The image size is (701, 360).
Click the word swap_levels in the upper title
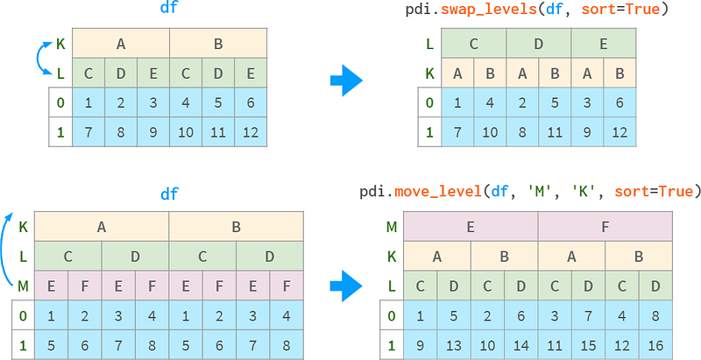pyautogui.click(x=488, y=9)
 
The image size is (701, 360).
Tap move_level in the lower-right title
pyautogui.click(x=436, y=192)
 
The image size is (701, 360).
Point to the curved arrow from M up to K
pyautogui.click(x=8, y=250)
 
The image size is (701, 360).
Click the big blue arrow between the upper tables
pyautogui.click(x=346, y=81)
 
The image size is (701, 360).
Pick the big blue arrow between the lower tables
pyautogui.click(x=346, y=286)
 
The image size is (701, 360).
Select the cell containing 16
pyautogui.click(x=655, y=345)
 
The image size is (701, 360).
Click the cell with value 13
pyautogui.click(x=454, y=345)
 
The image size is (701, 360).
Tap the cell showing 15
pyautogui.click(x=588, y=345)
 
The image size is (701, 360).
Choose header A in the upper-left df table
pyautogui.click(x=121, y=43)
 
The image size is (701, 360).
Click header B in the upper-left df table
pyautogui.click(x=218, y=43)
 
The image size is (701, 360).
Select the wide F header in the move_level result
pyautogui.click(x=605, y=227)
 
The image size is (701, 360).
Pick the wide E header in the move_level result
pyautogui.click(x=471, y=227)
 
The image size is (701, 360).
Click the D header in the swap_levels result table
pyautogui.click(x=539, y=43)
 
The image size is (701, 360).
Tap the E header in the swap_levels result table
pyautogui.click(x=604, y=43)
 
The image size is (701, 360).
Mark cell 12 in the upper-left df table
pyautogui.click(x=251, y=132)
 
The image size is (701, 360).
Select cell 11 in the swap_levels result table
pyautogui.click(x=555, y=132)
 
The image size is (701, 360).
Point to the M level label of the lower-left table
pyautogui.click(x=24, y=286)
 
